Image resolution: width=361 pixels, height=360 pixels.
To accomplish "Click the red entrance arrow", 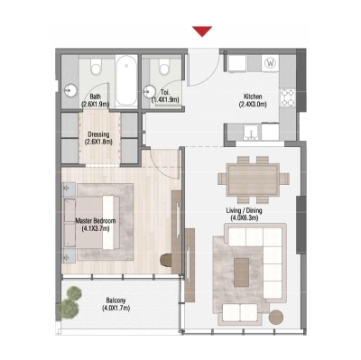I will (202, 31).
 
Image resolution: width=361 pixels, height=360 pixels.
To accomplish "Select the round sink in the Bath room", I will (74, 89).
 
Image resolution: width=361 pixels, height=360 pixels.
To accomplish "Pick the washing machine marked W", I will (272, 63).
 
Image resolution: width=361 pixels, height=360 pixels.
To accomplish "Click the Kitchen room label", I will (251, 96).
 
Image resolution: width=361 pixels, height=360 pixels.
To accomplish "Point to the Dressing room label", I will (98, 135).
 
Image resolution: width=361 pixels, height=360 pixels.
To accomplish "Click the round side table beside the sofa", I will (280, 316).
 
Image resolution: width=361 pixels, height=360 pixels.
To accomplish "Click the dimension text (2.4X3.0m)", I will (251, 105).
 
